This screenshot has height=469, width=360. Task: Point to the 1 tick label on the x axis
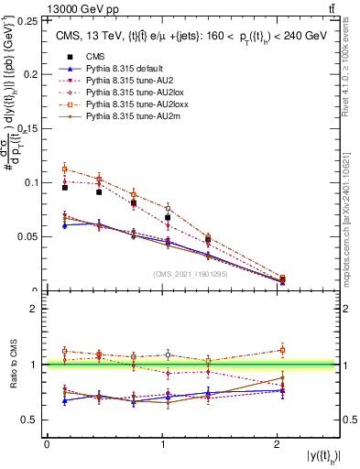click(x=162, y=444)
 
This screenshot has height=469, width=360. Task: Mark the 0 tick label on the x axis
click(x=47, y=444)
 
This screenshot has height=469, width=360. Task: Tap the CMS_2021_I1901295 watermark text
click(x=191, y=274)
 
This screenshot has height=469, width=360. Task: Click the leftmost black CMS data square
click(x=64, y=187)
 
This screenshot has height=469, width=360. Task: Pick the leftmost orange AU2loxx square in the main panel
click(x=64, y=169)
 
